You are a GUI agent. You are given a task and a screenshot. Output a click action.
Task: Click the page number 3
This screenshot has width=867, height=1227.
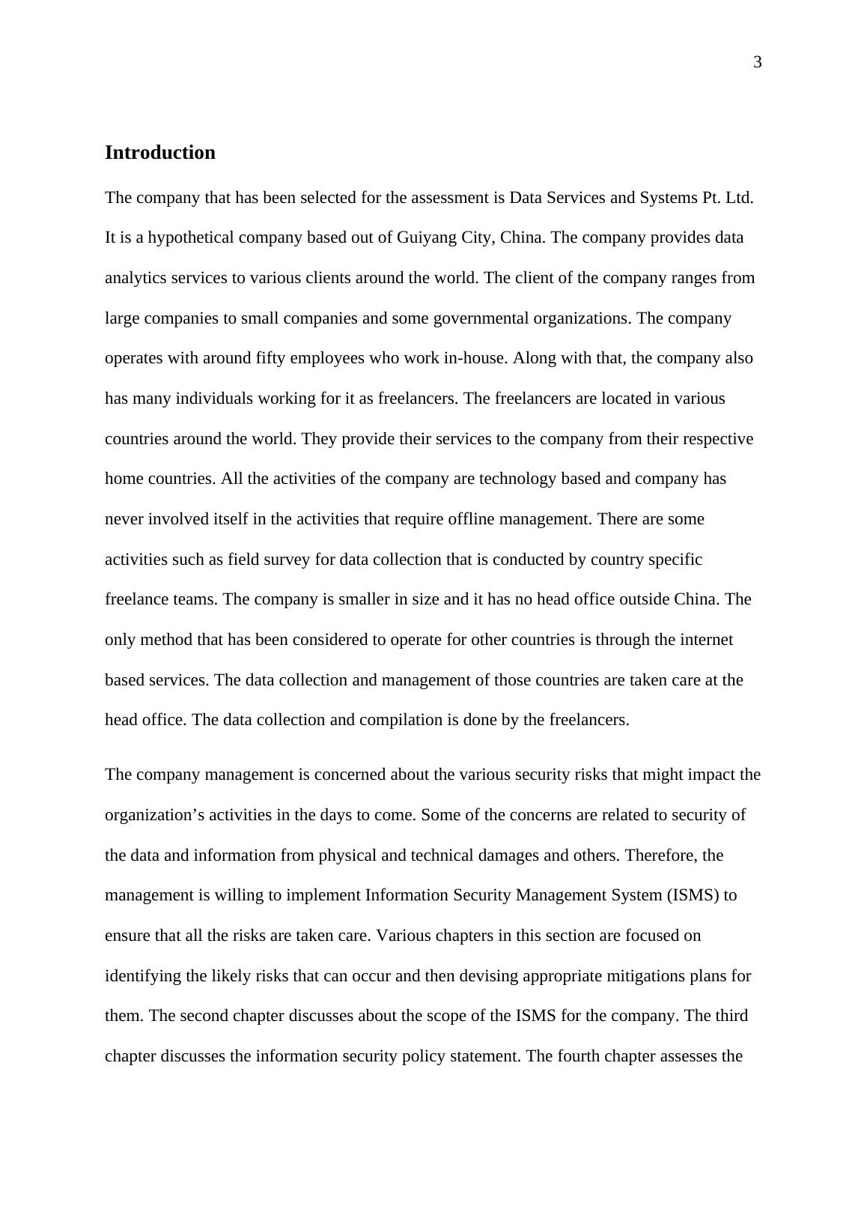point(757,62)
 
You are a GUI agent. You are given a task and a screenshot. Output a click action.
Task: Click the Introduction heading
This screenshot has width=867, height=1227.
point(160,153)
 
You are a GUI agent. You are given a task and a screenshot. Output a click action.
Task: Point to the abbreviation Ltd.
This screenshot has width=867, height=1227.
point(740,198)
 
